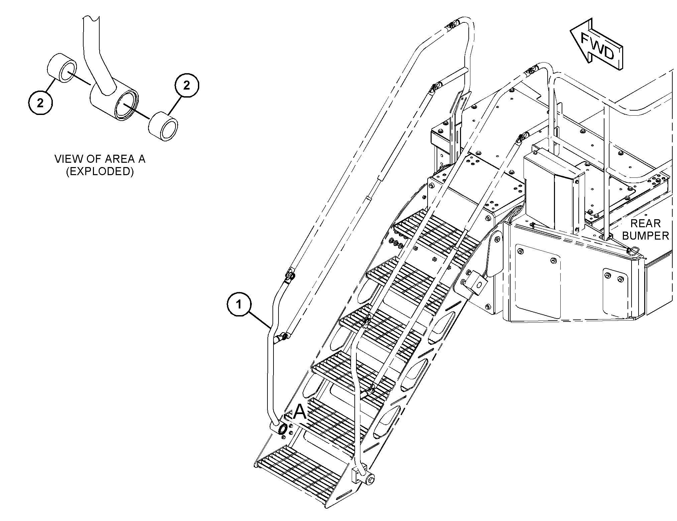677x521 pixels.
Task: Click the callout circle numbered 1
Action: point(239,304)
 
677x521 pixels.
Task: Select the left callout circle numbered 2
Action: point(40,103)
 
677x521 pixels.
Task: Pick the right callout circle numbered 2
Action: point(187,86)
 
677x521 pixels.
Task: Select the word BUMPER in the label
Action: point(645,236)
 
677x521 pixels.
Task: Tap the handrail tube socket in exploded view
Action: point(114,100)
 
